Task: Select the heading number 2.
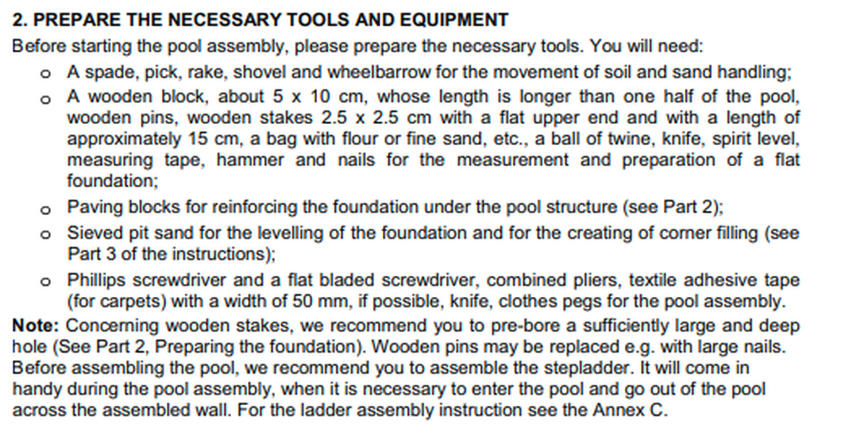tap(19, 19)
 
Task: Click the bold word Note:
tap(35, 325)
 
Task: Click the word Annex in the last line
tap(626, 412)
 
